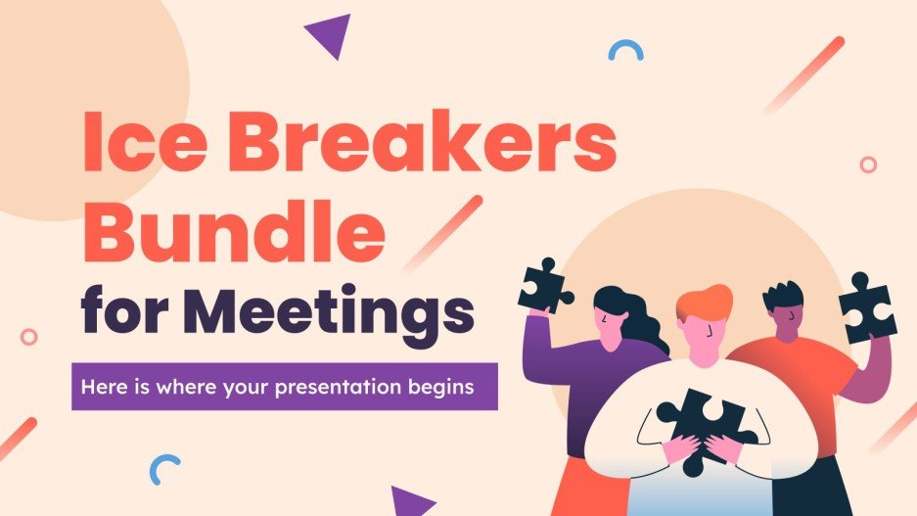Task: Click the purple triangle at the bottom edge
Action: [412, 500]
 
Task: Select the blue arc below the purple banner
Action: [165, 469]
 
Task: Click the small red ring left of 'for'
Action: [29, 336]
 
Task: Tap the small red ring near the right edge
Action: [867, 164]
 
